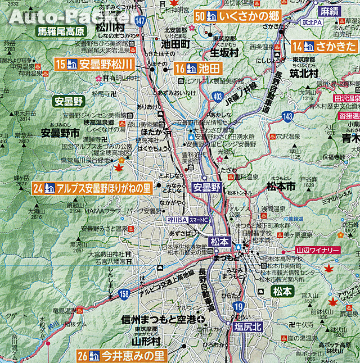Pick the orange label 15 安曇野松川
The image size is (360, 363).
[x=94, y=64]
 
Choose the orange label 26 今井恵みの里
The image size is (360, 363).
[x=122, y=356]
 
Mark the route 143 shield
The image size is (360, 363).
[x=287, y=116]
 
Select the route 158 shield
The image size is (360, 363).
[x=122, y=293]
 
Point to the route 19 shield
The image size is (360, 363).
[x=238, y=307]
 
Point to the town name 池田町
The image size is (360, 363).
[x=174, y=43]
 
